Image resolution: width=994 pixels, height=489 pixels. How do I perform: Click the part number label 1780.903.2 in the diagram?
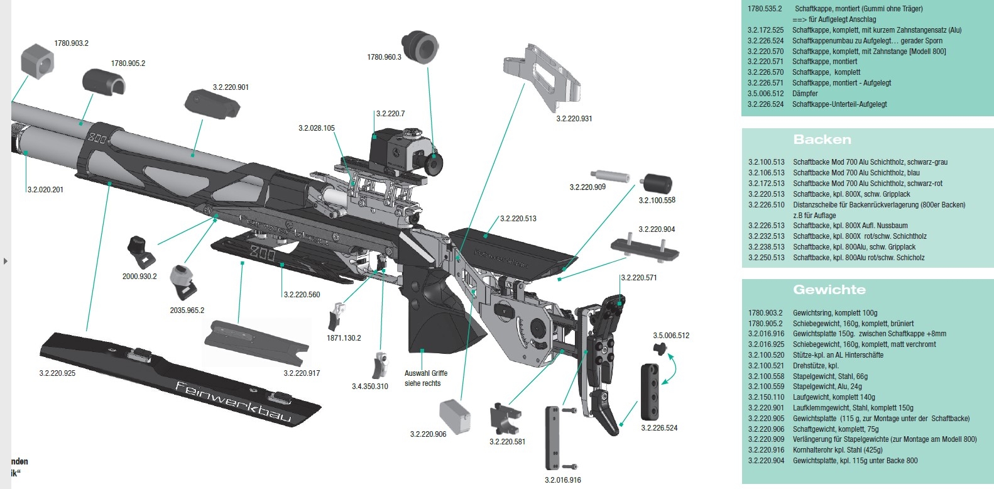tap(71, 43)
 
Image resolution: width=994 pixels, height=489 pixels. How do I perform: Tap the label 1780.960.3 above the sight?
tap(384, 57)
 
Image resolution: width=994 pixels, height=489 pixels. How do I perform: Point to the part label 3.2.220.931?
tap(574, 119)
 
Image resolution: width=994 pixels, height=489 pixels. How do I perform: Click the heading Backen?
tap(822, 140)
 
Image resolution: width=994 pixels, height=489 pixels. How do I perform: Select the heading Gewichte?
tap(829, 290)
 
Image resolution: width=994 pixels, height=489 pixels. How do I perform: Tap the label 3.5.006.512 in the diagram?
tap(671, 336)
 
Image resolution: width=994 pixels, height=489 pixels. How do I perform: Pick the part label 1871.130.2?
tap(344, 338)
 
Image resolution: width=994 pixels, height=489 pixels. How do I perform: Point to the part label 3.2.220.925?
tap(57, 373)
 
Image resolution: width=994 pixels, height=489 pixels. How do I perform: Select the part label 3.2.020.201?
tap(45, 189)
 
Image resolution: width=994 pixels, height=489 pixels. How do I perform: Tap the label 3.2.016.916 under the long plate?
tap(563, 480)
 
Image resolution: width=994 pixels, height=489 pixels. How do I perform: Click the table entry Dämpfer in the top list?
tap(805, 94)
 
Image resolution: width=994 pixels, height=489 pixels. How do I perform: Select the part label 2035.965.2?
tap(187, 310)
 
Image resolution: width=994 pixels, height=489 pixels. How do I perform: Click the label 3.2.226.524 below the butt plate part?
tap(659, 428)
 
